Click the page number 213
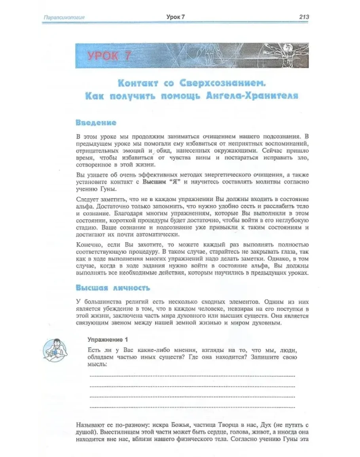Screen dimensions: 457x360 pyautogui.click(x=303, y=17)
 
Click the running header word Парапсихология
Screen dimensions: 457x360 pyautogui.click(x=64, y=17)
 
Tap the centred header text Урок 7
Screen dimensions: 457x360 pyautogui.click(x=176, y=17)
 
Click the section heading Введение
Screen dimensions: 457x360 pyautogui.click(x=96, y=123)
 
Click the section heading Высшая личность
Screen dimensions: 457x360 pyautogui.click(x=113, y=288)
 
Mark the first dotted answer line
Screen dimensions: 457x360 pyautogui.click(x=192, y=375)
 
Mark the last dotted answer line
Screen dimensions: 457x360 pyautogui.click(x=192, y=406)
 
